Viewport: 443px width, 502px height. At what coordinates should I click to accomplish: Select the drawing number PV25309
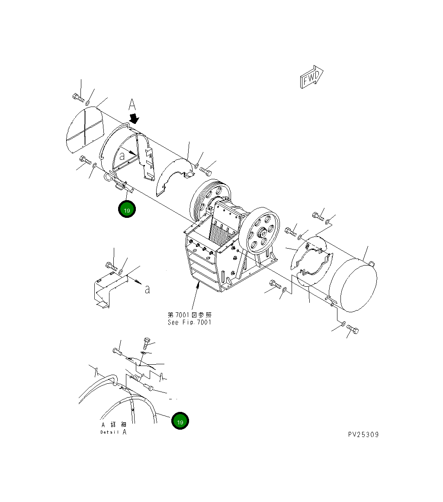point(363,434)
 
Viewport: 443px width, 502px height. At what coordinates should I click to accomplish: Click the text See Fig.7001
point(189,322)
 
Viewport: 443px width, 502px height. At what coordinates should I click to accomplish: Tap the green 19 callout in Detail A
point(180,421)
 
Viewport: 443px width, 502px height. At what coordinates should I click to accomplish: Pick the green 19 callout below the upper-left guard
point(127,210)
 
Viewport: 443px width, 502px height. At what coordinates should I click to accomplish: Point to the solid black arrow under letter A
point(135,118)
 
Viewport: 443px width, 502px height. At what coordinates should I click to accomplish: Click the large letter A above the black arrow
point(132,105)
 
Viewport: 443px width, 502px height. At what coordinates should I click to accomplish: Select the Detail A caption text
point(114,428)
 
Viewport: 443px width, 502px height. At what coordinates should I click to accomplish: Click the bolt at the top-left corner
point(78,97)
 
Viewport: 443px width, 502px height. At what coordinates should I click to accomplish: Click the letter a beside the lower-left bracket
point(147,289)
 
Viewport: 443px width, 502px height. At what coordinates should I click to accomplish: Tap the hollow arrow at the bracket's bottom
point(103,305)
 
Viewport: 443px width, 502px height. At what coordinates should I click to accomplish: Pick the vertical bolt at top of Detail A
point(145,344)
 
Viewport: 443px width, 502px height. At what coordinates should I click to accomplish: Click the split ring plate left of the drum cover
point(311,262)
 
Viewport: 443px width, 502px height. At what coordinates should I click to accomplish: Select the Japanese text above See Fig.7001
point(189,315)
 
